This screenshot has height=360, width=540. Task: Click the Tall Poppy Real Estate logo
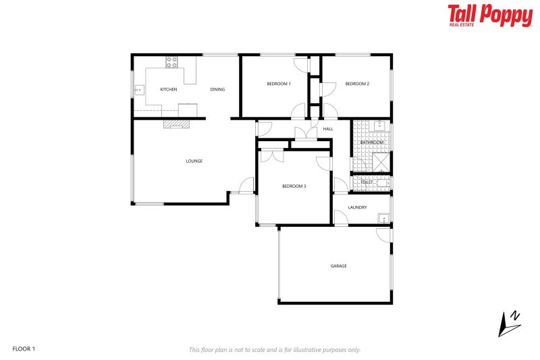point(489,15)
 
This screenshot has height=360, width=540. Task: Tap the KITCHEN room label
point(168,89)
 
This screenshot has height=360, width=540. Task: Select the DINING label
point(217,89)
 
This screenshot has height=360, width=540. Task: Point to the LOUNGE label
point(194,161)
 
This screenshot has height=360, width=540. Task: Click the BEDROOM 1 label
point(278,84)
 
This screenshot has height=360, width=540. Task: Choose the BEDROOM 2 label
point(357,84)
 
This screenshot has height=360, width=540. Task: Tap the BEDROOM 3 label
point(294,186)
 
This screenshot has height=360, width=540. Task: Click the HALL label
point(328,128)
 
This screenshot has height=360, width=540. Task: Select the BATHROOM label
point(371,143)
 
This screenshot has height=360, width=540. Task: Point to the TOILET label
point(367,182)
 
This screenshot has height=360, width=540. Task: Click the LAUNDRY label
point(357,207)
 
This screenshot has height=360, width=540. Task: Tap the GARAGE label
point(338,266)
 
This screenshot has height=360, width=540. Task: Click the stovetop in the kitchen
point(171,62)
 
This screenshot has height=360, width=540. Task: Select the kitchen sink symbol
point(140,89)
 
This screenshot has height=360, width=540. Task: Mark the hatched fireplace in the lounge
point(176,124)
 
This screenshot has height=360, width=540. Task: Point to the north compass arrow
point(508,324)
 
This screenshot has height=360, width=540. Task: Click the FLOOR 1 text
point(24,349)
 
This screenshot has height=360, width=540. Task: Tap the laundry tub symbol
point(383,218)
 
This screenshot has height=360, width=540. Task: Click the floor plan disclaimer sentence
point(275,349)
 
